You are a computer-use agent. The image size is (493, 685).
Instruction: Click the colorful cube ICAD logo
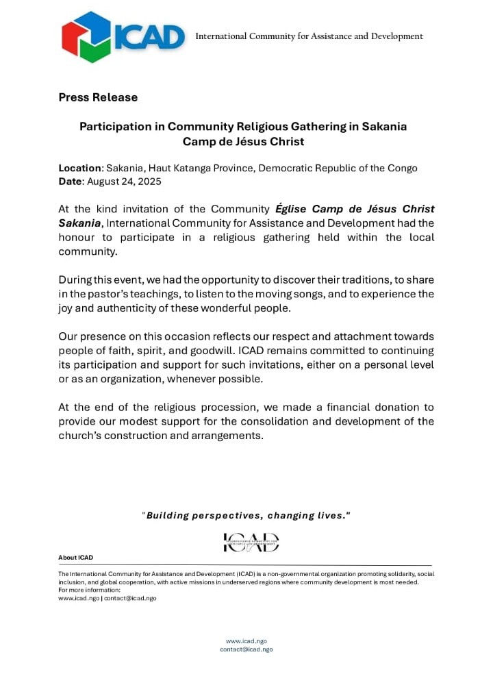86,36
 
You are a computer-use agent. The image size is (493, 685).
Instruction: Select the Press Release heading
98,97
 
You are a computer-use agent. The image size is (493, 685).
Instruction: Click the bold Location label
79,168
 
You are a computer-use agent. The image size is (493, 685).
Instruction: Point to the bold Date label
71,181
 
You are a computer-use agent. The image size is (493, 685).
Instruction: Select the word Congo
402,168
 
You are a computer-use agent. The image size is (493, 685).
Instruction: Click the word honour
79,237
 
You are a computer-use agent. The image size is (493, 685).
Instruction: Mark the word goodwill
199,351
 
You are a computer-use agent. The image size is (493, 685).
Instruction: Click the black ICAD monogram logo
251,543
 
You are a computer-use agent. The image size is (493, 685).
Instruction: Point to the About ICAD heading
76,558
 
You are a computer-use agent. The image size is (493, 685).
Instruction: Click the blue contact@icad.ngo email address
246,649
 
